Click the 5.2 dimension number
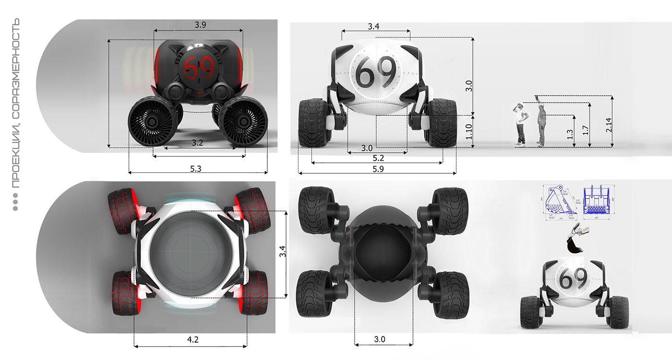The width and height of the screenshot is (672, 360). tap(377, 157)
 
